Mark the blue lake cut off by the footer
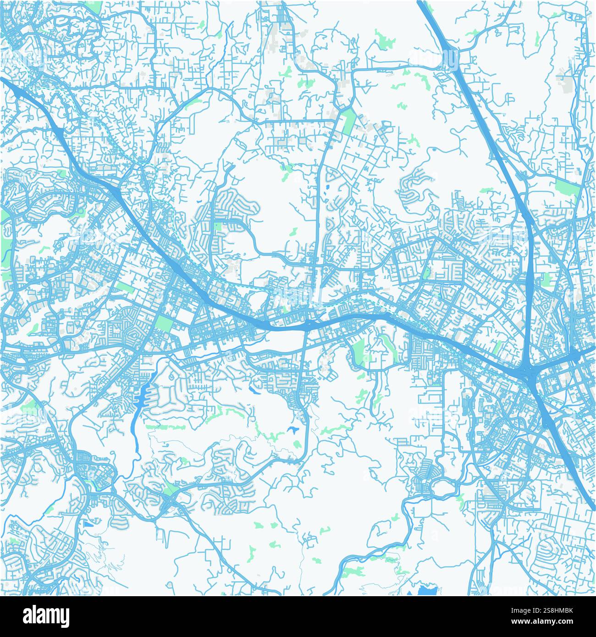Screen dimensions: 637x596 point(428,590)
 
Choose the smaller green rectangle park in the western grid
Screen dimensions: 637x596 point(125,288)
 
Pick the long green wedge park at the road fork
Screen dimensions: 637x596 point(349,120)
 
